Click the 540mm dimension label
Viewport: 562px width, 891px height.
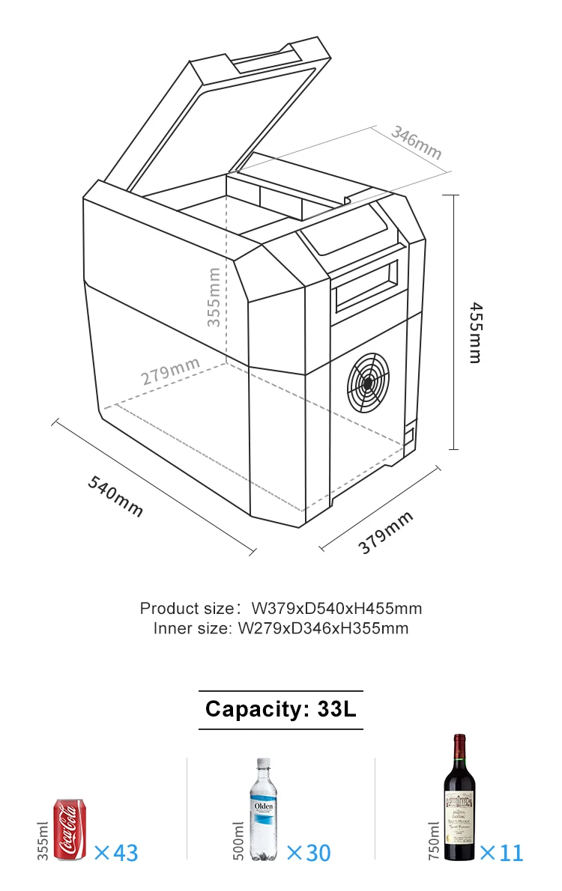115,496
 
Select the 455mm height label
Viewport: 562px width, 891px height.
474,332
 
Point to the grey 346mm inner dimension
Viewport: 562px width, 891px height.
417,143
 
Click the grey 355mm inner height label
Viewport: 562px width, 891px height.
214,297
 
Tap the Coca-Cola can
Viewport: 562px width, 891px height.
70,830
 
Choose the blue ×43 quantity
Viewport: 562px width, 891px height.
116,852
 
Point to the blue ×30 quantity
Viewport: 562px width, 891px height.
308,852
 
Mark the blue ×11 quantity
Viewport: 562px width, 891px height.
501,852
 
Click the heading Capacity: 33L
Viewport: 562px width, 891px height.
280,709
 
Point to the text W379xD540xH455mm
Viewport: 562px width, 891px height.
336,608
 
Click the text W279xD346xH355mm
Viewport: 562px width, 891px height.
323,628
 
